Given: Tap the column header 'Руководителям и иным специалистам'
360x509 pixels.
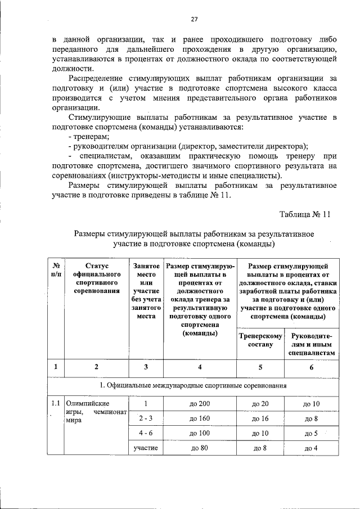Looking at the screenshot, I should (x=313, y=344).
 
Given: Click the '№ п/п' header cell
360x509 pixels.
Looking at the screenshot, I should (x=56, y=269).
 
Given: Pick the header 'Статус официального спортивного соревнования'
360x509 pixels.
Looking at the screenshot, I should (x=97, y=278).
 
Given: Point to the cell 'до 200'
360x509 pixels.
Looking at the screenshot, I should (x=200, y=404).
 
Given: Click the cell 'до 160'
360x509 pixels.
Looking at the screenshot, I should (x=200, y=418).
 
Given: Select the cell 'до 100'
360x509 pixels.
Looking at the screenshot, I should (x=200, y=433).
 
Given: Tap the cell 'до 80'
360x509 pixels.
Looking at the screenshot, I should (x=200, y=448).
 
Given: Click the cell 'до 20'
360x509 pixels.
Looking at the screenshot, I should (x=260, y=404).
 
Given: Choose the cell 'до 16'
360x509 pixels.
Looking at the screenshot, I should (x=260, y=418).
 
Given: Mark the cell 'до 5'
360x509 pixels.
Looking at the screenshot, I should (x=311, y=433).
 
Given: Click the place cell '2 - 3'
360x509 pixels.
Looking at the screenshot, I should (x=145, y=418).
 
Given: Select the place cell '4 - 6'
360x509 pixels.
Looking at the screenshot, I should (x=145, y=433).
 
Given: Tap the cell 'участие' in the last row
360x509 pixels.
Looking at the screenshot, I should (x=145, y=448).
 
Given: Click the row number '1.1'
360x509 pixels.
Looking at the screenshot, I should (x=55, y=403).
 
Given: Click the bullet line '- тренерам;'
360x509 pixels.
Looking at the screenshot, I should (x=88, y=136).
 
